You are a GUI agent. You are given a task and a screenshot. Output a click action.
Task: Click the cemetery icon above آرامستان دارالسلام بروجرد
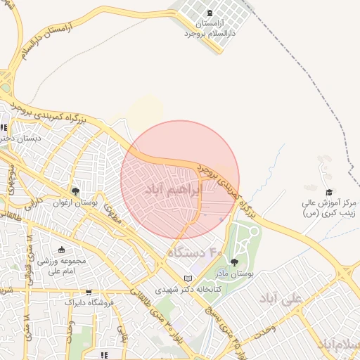pos(209,13)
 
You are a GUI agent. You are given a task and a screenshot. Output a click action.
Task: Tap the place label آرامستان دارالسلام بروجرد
pos(208,28)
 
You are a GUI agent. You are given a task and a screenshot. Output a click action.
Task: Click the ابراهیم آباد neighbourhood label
pos(173,189)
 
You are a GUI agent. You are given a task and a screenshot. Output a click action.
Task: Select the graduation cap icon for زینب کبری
pos(329,191)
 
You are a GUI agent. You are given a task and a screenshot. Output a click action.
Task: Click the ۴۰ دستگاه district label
pos(194,250)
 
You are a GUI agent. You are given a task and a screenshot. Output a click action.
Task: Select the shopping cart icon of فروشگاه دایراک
pos(89,292)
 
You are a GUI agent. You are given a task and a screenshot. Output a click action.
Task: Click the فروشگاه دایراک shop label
pos(89,303)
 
